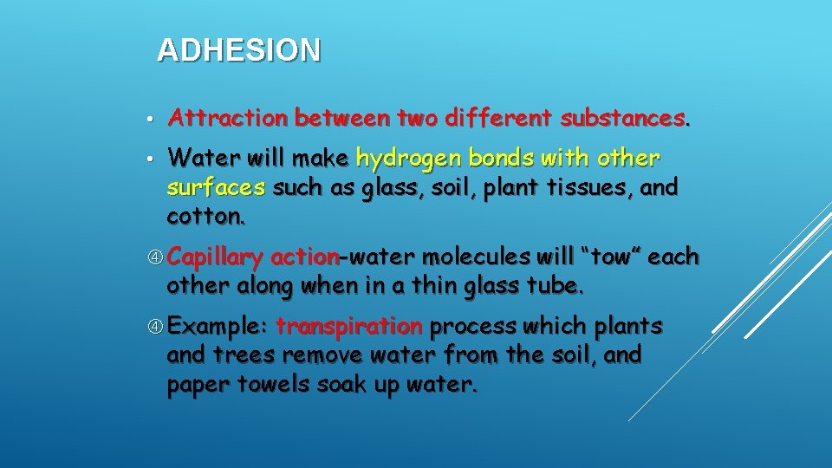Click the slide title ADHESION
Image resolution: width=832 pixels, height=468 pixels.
(x=238, y=50)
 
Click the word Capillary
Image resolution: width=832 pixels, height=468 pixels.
(x=215, y=257)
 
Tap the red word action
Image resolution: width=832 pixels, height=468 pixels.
(x=304, y=257)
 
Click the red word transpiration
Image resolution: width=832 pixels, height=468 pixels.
(x=348, y=327)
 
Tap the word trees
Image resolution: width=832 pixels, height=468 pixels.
(x=233, y=355)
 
